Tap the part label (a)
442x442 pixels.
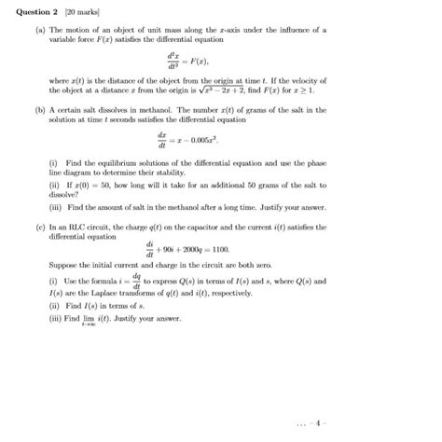(32, 30)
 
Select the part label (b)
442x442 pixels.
(32, 110)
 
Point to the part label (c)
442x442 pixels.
(32, 226)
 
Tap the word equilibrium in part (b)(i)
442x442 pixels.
(100, 162)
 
